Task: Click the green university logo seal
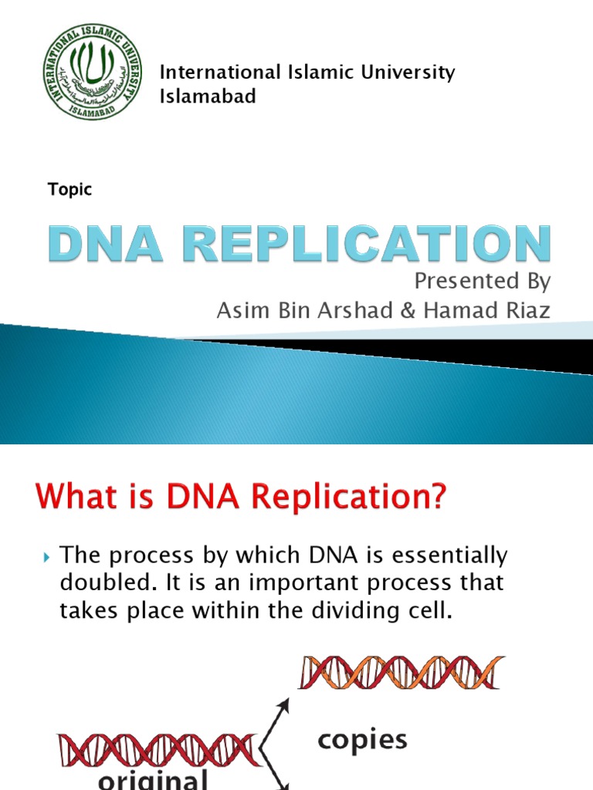click(x=93, y=83)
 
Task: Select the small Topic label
click(x=69, y=190)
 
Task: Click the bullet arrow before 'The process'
click(x=47, y=555)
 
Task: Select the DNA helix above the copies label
click(x=402, y=672)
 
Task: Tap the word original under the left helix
click(x=153, y=779)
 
